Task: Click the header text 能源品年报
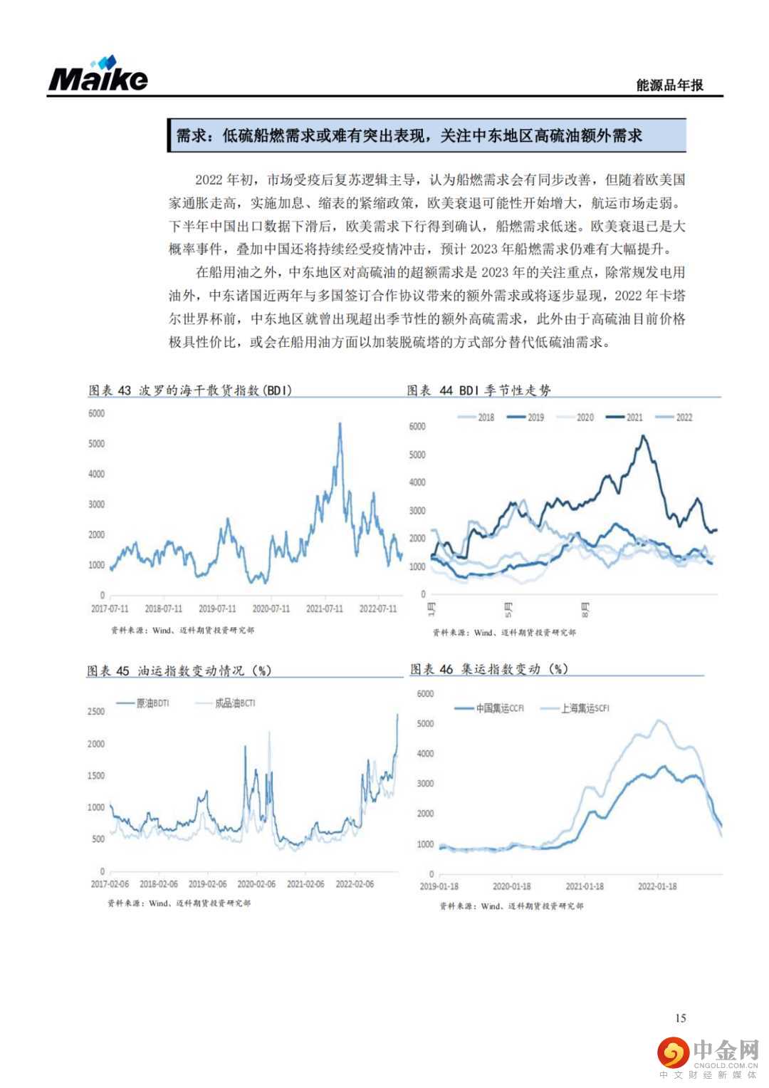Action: [669, 85]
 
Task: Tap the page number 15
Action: [680, 1017]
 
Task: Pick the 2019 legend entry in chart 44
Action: [526, 417]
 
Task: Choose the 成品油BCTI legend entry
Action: [226, 703]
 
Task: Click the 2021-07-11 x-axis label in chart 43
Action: [325, 609]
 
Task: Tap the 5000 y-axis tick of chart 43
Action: [96, 444]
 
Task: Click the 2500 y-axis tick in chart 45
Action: [96, 712]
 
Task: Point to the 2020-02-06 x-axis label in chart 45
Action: [256, 884]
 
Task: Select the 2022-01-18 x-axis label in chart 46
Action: [657, 887]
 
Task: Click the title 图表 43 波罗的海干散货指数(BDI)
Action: [190, 390]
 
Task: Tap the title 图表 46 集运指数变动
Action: [489, 669]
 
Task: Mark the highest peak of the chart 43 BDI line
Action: [340, 424]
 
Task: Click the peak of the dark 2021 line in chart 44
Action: [644, 436]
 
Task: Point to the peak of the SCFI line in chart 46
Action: [659, 720]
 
